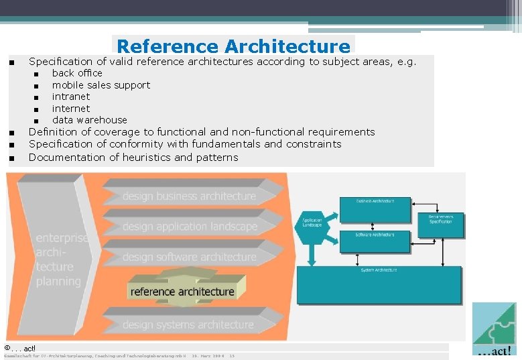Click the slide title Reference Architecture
pyautogui.click(x=233, y=46)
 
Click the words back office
pyautogui.click(x=77, y=73)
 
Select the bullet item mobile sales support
pyautogui.click(x=101, y=85)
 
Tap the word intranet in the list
pyautogui.click(x=70, y=97)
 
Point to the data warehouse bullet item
pyautogui.click(x=89, y=120)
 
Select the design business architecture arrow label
pyautogui.click(x=189, y=196)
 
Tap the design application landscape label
pyautogui.click(x=190, y=227)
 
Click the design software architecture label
pyautogui.click(x=189, y=257)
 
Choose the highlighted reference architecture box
pyautogui.click(x=182, y=292)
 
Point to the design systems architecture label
pyautogui.click(x=188, y=325)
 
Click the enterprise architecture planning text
pyautogui.click(x=60, y=259)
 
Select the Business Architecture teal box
pyautogui.click(x=375, y=210)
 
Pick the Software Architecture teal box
pyautogui.click(x=375, y=242)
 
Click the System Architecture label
pyautogui.click(x=379, y=269)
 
